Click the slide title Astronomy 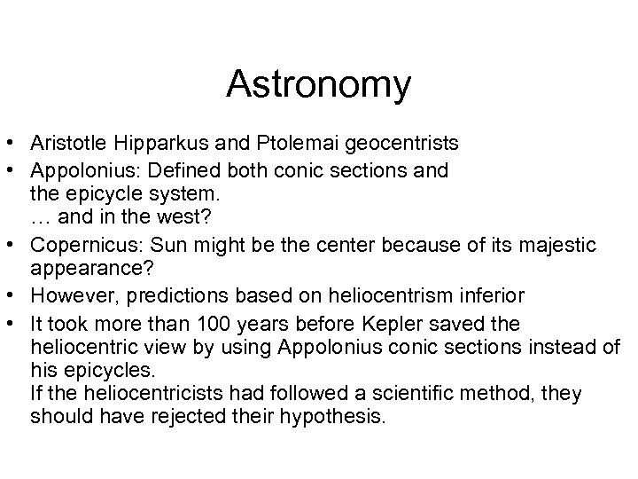pos(319,85)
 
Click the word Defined pos(166,169)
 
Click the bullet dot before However pos(13,294)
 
